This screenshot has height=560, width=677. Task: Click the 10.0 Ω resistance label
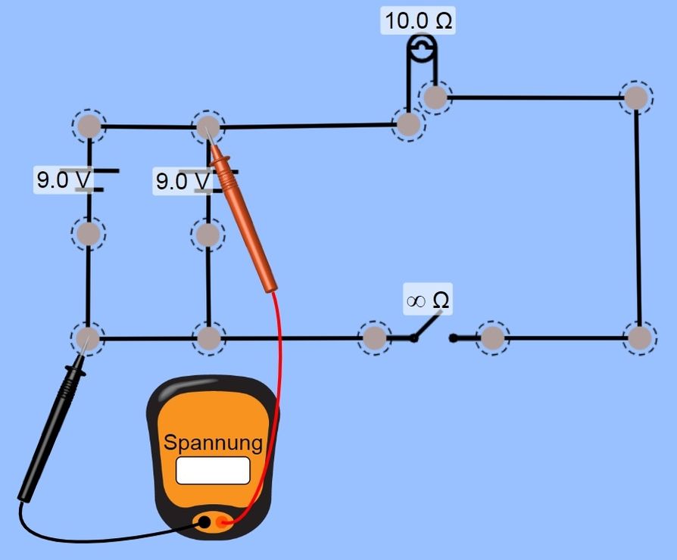click(x=418, y=20)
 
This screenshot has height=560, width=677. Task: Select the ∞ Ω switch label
click(x=429, y=301)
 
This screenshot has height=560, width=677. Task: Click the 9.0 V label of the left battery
click(x=64, y=180)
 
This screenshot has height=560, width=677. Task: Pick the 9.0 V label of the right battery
click(x=183, y=182)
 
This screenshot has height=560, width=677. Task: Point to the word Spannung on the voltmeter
click(x=213, y=443)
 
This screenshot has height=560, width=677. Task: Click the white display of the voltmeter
click(x=213, y=470)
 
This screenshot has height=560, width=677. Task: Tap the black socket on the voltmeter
click(x=203, y=521)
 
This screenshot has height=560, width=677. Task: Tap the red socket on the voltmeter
click(x=222, y=521)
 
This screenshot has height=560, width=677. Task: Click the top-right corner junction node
click(x=636, y=98)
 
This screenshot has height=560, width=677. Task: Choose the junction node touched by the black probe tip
click(x=89, y=338)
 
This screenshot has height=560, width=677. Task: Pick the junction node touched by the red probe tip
click(x=207, y=126)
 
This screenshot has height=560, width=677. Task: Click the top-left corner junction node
click(x=89, y=126)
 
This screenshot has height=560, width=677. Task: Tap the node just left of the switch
click(x=373, y=338)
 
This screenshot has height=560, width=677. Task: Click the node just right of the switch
click(x=493, y=338)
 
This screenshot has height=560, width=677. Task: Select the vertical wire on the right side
click(x=638, y=219)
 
